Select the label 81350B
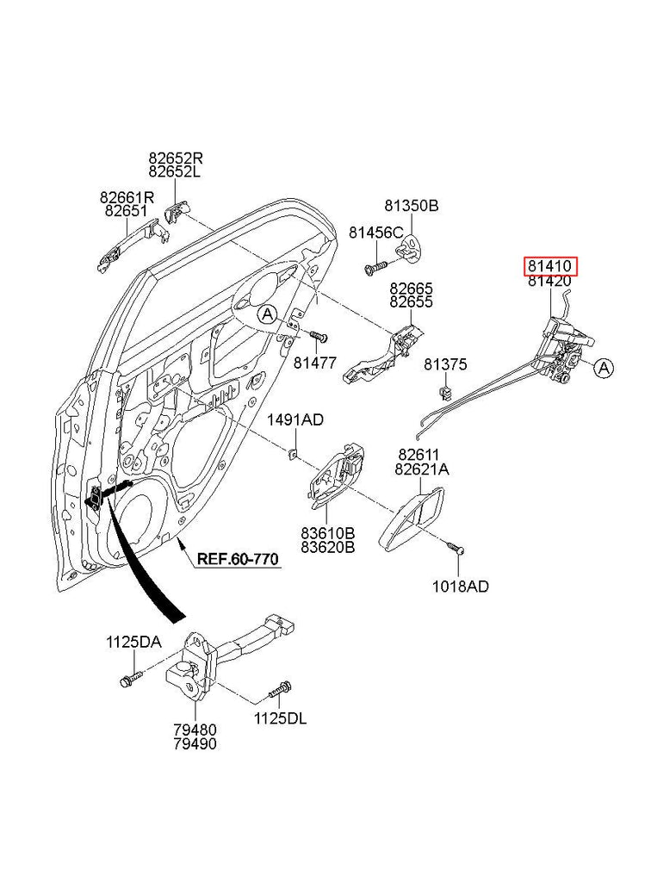click(412, 206)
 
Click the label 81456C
click(375, 233)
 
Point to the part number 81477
click(315, 363)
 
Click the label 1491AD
click(295, 420)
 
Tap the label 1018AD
click(460, 587)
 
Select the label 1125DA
click(133, 642)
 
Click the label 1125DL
click(279, 718)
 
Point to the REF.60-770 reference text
click(238, 559)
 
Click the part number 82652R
click(176, 158)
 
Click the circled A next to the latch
click(604, 369)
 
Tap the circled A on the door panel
click(268, 314)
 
